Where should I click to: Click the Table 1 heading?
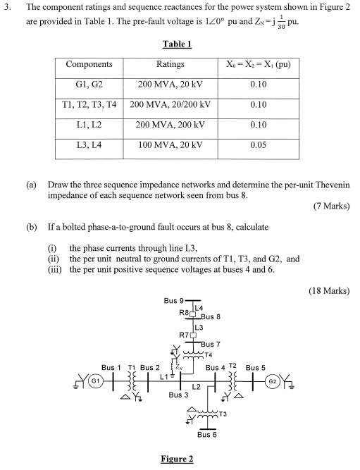pos(177,44)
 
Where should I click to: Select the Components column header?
pos(89,64)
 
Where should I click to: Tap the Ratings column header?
pos(170,64)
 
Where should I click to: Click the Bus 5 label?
pos(255,367)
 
